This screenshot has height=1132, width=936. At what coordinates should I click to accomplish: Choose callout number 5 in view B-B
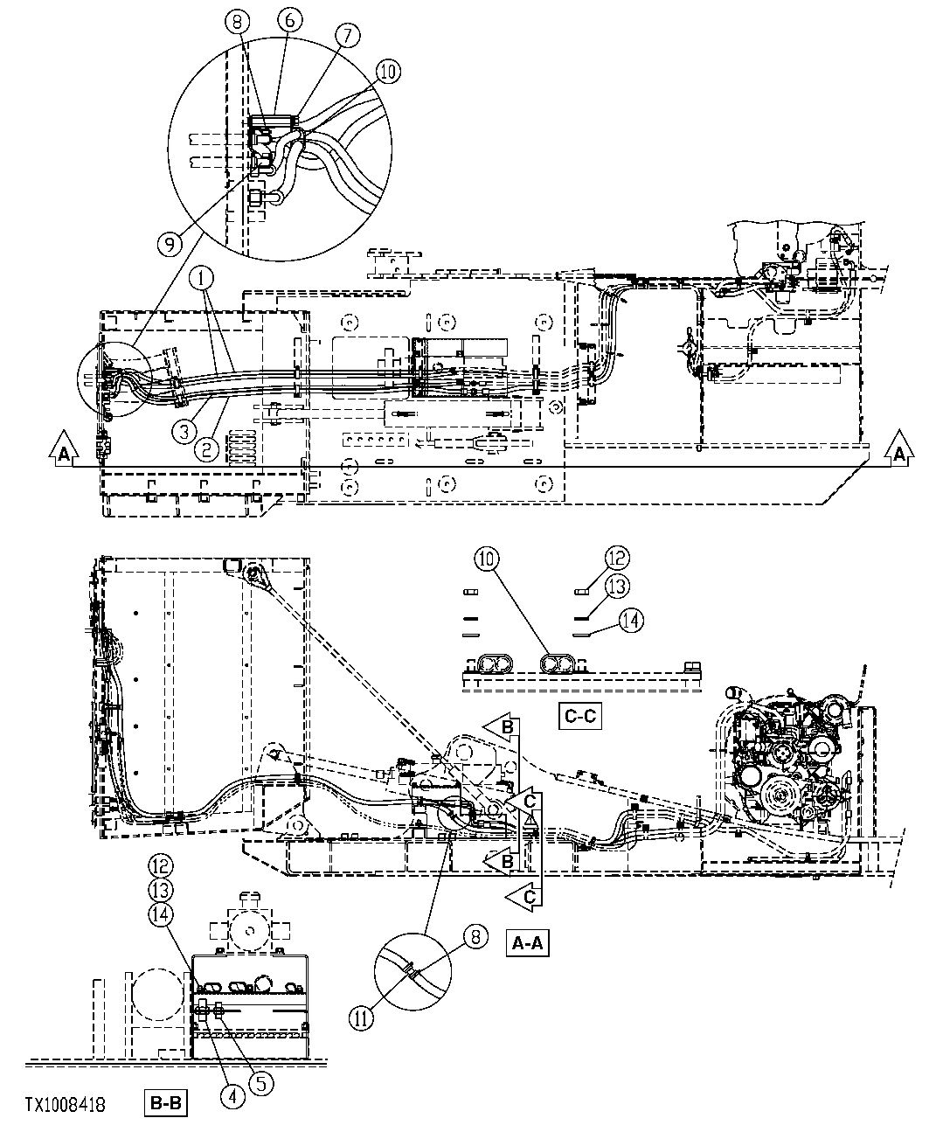(x=261, y=1082)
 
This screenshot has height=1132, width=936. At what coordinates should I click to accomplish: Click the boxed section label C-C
(x=579, y=717)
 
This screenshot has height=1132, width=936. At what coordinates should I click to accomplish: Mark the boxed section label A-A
(x=528, y=944)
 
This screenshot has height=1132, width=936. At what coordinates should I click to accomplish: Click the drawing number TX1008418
(x=66, y=1106)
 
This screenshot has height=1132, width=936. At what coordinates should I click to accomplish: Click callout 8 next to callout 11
(x=475, y=938)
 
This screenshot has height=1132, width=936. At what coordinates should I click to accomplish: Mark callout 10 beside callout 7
(x=389, y=72)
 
